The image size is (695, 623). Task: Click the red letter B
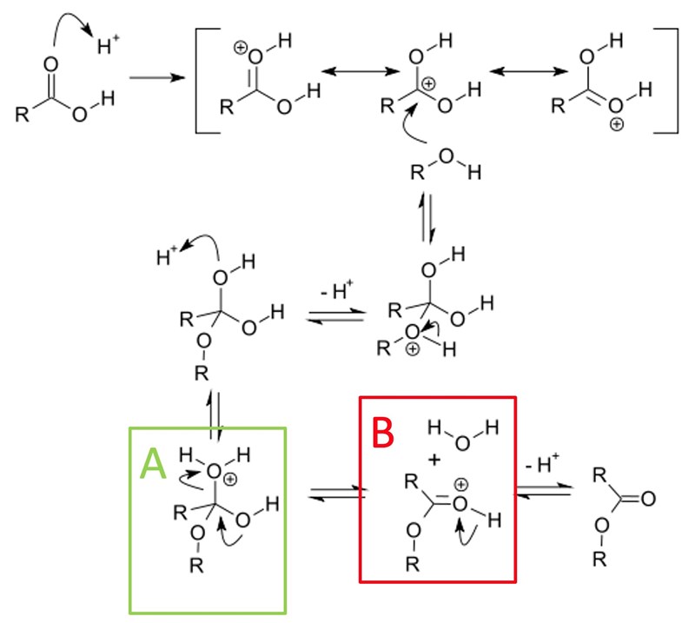pos(386,432)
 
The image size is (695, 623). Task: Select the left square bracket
pos(202,80)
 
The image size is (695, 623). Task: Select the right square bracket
pos(669,80)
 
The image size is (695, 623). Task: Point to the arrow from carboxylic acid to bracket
pos(159,77)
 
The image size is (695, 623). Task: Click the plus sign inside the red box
pos(429,458)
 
